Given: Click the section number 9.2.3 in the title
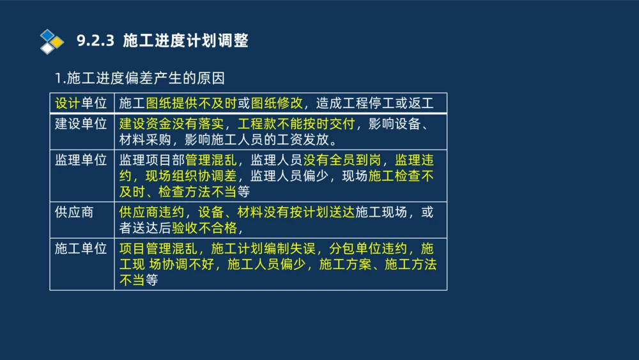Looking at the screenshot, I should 95,42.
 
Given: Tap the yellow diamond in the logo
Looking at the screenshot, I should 58,42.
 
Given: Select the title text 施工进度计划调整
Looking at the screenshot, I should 185,42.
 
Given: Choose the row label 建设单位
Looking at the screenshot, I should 81,123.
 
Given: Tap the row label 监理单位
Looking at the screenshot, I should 81,160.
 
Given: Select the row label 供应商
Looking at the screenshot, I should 74,212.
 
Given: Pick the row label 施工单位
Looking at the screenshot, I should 81,248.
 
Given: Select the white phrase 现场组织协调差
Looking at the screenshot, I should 191,176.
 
